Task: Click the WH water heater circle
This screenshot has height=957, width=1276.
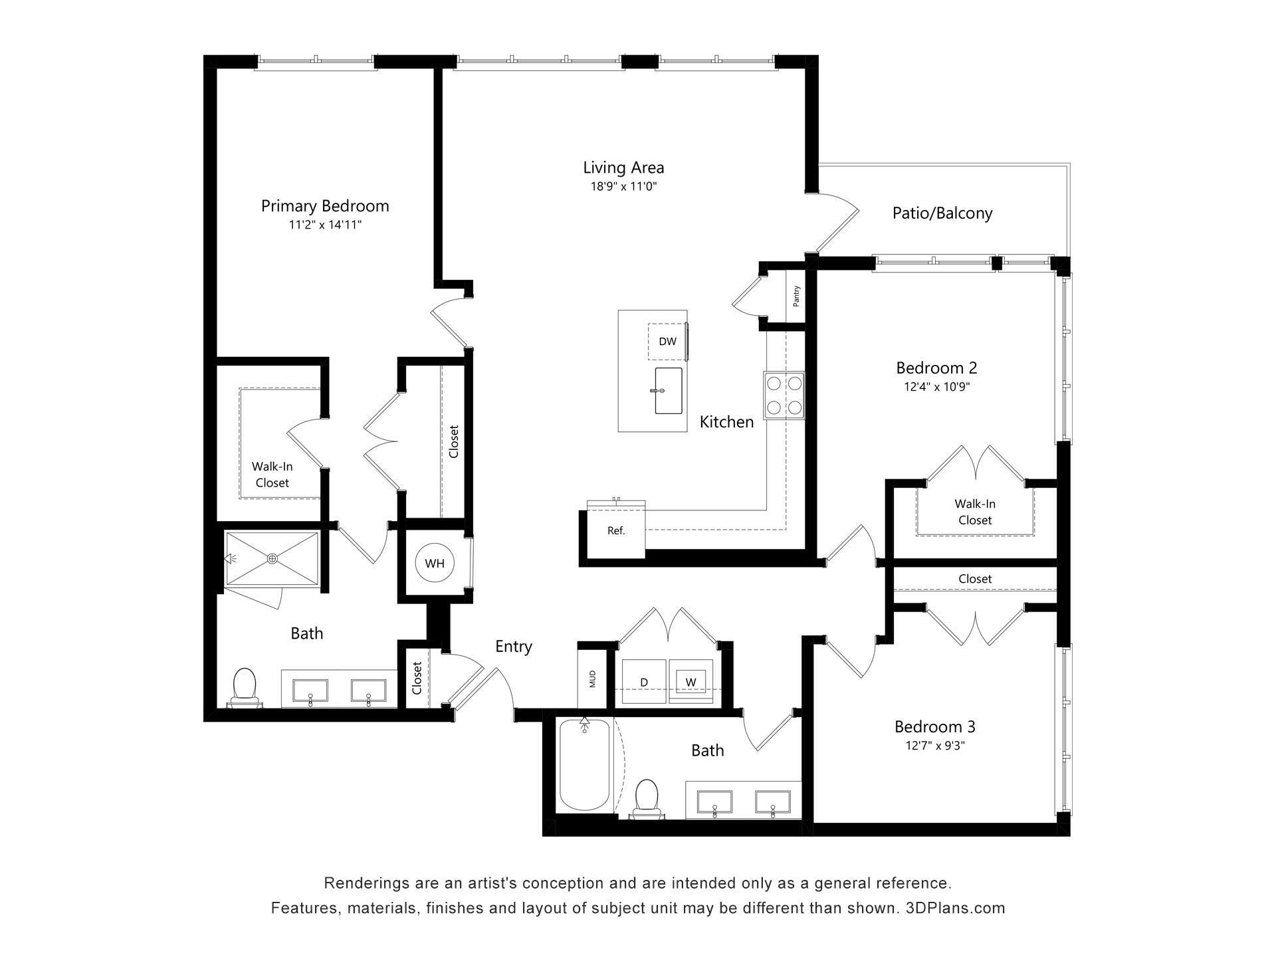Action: (x=435, y=564)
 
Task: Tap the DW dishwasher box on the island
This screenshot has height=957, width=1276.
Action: (x=667, y=342)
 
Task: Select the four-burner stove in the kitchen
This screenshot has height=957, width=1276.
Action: (x=784, y=395)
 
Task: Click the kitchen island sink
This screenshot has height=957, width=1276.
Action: (x=668, y=390)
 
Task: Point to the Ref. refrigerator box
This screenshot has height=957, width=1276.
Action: (x=615, y=531)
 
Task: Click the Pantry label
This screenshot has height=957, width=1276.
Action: (x=796, y=296)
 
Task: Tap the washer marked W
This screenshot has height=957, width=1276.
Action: (x=691, y=682)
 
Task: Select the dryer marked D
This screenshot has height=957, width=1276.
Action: (x=643, y=682)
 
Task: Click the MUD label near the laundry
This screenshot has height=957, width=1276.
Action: (x=592, y=679)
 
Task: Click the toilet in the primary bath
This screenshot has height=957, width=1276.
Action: (x=245, y=687)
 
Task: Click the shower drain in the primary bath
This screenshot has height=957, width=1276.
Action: (x=272, y=559)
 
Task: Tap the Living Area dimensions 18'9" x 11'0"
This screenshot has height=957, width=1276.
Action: (x=623, y=187)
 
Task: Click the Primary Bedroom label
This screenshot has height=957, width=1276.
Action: (x=324, y=206)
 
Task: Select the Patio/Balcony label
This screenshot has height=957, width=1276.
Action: (x=942, y=213)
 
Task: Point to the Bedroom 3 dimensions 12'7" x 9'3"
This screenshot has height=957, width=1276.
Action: (x=934, y=746)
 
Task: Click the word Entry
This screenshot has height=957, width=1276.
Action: (x=513, y=647)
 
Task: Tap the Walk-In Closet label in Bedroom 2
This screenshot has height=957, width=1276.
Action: (x=974, y=512)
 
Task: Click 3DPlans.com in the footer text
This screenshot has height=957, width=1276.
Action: (x=955, y=908)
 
